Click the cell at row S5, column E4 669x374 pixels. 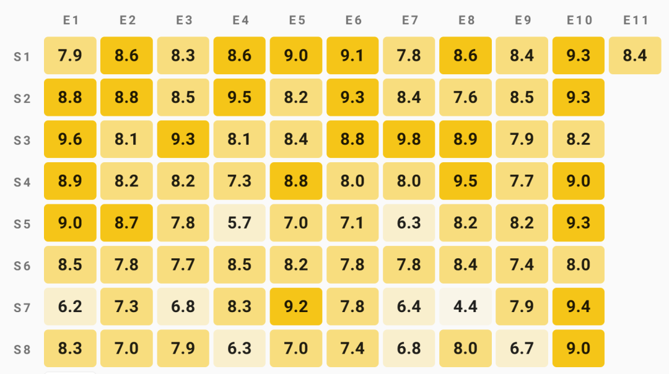pyautogui.click(x=240, y=223)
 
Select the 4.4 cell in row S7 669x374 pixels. pyautogui.click(x=465, y=307)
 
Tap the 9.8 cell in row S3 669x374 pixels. pyautogui.click(x=409, y=139)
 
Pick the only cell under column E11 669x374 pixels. pyautogui.click(x=635, y=56)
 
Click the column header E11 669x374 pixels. pyautogui.click(x=636, y=20)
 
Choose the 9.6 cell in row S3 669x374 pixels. pyautogui.click(x=70, y=139)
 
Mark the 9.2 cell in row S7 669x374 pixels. pyautogui.click(x=296, y=307)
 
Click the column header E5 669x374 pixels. pyautogui.click(x=297, y=20)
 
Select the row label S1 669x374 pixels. pyautogui.click(x=22, y=57)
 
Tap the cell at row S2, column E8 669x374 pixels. pyautogui.click(x=465, y=97)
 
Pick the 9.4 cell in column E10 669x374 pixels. pyautogui.click(x=579, y=307)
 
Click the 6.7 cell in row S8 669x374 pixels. pyautogui.click(x=522, y=348)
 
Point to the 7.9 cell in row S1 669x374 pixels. pyautogui.click(x=70, y=56)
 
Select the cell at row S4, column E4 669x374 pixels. pyautogui.click(x=240, y=181)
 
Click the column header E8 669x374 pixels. pyautogui.click(x=466, y=20)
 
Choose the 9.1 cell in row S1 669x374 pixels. pyautogui.click(x=352, y=56)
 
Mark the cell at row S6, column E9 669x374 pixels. pyautogui.click(x=522, y=264)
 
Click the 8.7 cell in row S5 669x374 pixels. pyautogui.click(x=126, y=223)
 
